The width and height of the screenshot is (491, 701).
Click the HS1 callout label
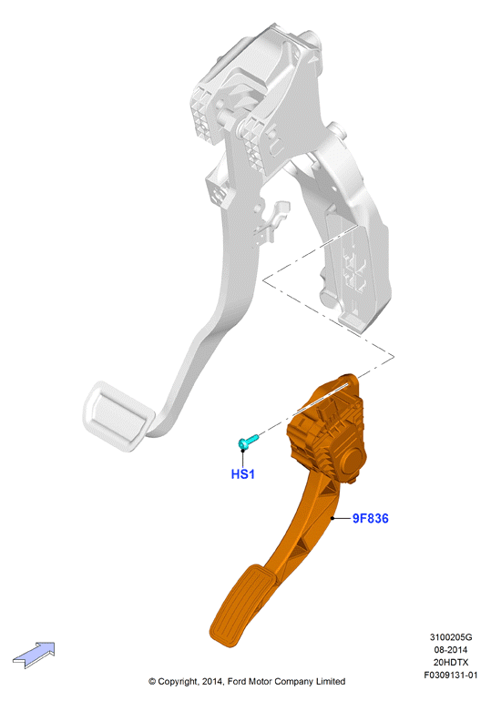243,474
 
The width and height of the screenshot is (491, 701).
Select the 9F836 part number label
370,518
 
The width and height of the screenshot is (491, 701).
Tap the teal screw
248,442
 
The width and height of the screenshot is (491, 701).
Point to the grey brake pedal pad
118,415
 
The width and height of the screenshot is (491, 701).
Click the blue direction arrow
34,655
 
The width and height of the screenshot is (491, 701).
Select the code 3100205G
451,637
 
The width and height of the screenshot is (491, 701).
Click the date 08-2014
451,650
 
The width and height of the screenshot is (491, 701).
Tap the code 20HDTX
451,662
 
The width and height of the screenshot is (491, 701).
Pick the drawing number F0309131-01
451,676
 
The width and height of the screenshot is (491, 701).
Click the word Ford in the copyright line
237,681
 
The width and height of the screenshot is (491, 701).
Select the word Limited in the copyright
331,681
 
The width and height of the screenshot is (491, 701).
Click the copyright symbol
152,682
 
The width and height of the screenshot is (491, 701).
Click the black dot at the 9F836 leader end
332,518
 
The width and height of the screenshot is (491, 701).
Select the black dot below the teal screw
243,451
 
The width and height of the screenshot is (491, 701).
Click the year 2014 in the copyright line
212,681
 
